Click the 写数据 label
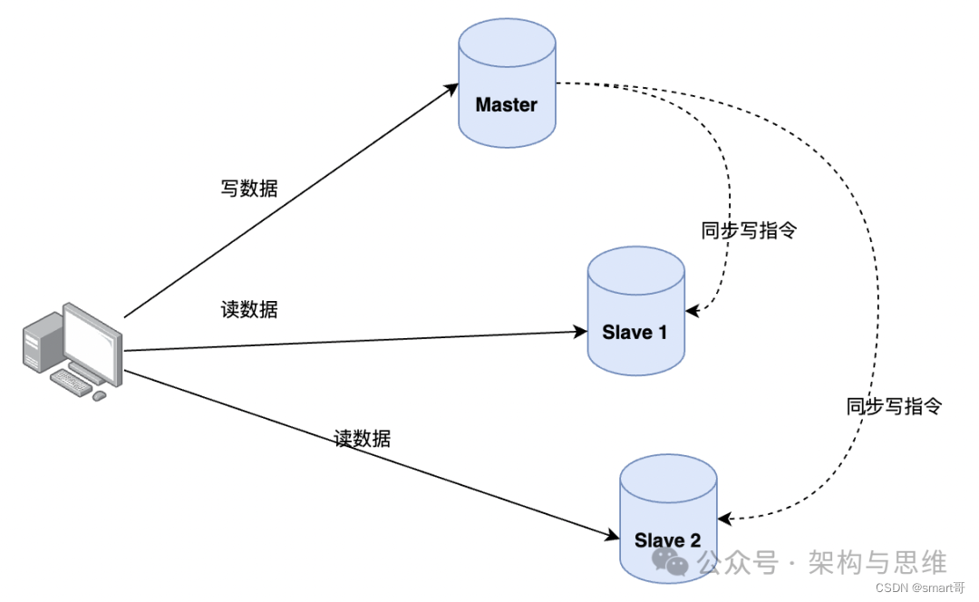click(249, 189)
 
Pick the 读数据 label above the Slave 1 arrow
click(249, 309)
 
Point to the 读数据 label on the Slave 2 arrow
click(363, 439)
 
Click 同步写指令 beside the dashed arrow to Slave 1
click(749, 230)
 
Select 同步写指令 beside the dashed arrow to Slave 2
click(895, 406)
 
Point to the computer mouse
click(99, 395)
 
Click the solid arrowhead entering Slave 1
click(581, 332)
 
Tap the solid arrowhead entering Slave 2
click(613, 536)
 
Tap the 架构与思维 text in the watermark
click(877, 562)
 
